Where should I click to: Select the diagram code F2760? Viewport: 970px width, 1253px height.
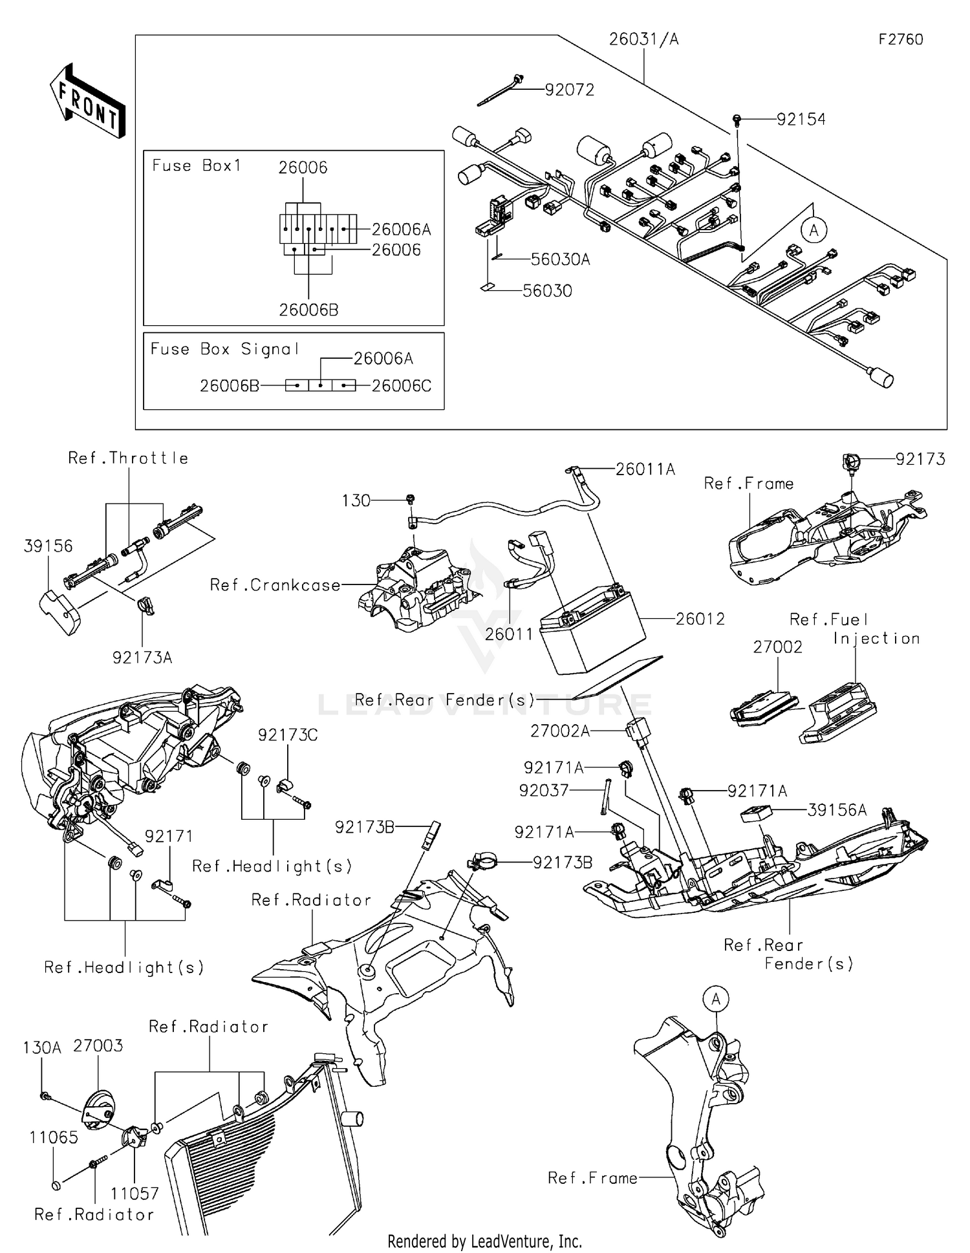click(900, 39)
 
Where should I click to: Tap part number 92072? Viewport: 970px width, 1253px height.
click(569, 90)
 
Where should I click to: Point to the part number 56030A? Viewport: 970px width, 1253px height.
click(560, 259)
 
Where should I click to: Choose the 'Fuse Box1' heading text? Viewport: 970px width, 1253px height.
click(197, 166)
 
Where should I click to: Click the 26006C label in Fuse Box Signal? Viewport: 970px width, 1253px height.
click(401, 386)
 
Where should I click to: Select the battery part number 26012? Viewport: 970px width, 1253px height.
click(700, 619)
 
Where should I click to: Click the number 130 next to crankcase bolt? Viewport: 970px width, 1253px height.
click(356, 500)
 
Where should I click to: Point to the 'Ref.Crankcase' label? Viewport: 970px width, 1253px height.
click(275, 585)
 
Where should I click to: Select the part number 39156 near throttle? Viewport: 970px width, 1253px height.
click(48, 546)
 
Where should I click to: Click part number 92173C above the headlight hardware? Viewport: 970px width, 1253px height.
click(288, 735)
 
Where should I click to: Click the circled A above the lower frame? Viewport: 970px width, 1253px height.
click(716, 999)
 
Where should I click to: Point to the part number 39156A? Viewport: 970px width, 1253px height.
click(837, 810)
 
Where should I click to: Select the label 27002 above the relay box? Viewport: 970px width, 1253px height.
click(777, 647)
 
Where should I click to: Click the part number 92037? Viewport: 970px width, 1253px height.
click(543, 790)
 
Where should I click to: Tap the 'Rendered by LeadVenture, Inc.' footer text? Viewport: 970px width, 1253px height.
click(484, 1241)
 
